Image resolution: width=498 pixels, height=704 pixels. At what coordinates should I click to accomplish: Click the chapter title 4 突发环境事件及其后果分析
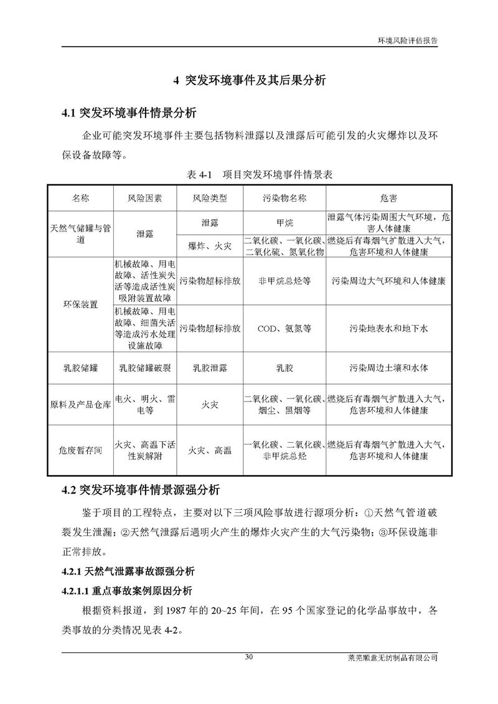[249, 80]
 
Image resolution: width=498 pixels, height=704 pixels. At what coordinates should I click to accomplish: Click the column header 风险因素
[145, 199]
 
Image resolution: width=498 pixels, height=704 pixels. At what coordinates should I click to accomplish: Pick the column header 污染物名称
[284, 199]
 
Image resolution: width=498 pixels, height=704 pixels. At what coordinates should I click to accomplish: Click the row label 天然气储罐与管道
[81, 233]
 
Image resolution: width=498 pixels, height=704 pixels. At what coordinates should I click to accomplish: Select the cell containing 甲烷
[284, 222]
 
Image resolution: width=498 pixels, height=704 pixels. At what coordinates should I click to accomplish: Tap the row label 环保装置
[81, 304]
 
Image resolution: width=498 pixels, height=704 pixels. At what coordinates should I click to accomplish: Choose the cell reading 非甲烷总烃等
[284, 281]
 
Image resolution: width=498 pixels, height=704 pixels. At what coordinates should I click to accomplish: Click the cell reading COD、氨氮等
[284, 328]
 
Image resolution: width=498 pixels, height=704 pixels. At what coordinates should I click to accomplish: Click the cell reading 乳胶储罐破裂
[145, 368]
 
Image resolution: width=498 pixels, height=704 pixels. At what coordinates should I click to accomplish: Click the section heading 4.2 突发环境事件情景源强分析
[141, 489]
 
